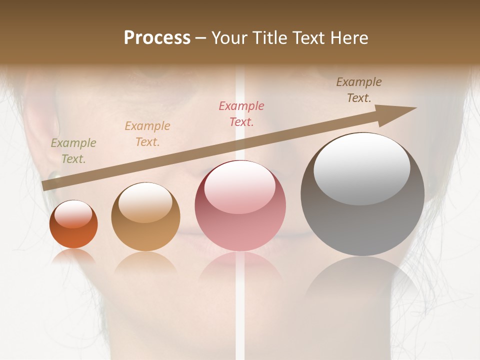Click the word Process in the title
[x=157, y=38]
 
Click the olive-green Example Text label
[x=73, y=151]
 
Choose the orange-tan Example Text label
[x=147, y=134]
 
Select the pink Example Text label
[x=241, y=113]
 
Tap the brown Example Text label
[x=359, y=90]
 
